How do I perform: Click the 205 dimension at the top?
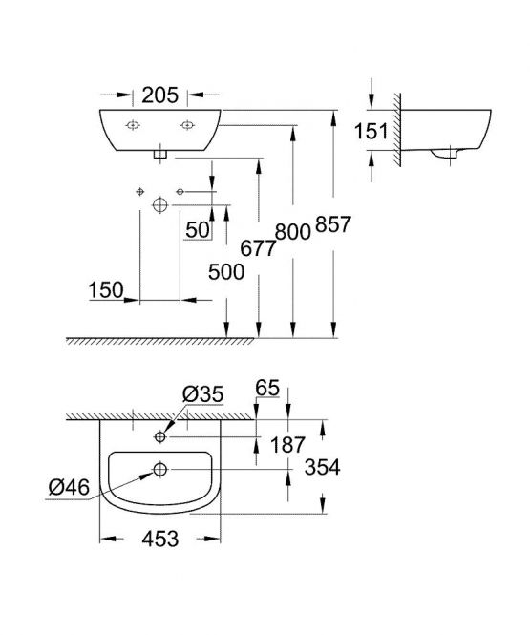(159, 95)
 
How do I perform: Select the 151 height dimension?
(371, 131)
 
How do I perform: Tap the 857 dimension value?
(333, 224)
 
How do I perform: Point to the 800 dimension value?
(293, 232)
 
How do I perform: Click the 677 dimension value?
(259, 248)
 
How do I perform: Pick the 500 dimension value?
(226, 272)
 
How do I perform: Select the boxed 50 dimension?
(198, 230)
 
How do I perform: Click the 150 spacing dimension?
(106, 290)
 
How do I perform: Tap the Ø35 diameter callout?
(202, 394)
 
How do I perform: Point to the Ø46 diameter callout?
(69, 487)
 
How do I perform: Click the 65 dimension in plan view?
(267, 388)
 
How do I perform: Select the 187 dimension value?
(287, 445)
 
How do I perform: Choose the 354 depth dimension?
(322, 467)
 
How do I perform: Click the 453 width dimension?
(160, 539)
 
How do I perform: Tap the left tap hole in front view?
(133, 125)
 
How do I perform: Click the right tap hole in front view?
(186, 125)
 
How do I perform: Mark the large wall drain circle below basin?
(160, 205)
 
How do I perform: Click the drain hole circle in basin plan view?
(160, 470)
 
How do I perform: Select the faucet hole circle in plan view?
(160, 437)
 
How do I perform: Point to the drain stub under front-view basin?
(160, 155)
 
